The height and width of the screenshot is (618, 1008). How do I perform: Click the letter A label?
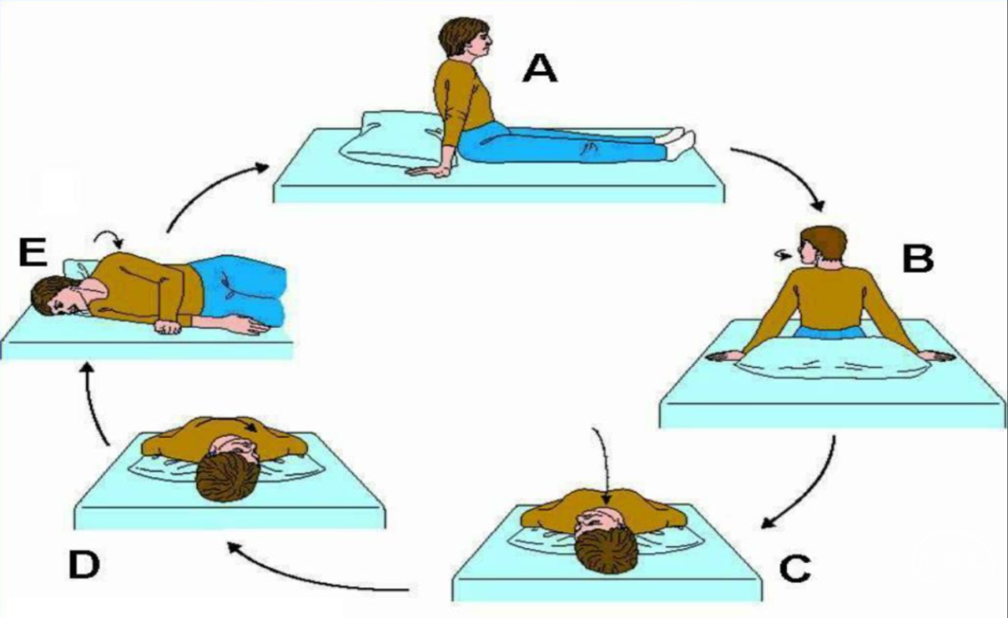click(540, 68)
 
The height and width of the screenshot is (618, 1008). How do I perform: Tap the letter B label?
click(918, 259)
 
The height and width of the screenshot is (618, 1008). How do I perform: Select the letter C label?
click(795, 568)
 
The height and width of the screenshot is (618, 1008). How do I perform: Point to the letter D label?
click(84, 565)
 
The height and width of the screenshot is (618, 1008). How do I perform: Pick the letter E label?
click(33, 252)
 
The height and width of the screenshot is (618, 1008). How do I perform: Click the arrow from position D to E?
click(95, 402)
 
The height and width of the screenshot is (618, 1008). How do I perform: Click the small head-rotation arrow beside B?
click(784, 256)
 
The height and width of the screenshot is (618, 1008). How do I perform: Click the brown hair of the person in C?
click(606, 551)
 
